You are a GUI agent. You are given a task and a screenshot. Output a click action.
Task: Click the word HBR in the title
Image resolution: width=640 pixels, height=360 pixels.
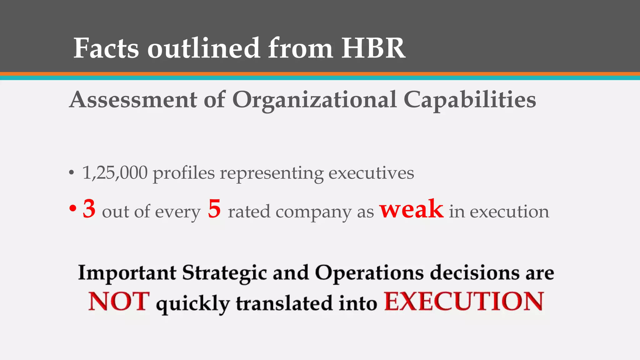[373, 48]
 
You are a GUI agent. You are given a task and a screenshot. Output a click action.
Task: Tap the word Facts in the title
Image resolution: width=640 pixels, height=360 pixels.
[106, 48]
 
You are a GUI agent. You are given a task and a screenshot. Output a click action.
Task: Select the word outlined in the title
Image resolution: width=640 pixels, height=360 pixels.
[203, 48]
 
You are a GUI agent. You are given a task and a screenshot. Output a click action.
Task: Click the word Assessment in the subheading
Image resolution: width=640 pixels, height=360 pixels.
[133, 100]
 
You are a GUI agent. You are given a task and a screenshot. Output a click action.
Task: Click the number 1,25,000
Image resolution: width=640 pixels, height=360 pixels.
[115, 173]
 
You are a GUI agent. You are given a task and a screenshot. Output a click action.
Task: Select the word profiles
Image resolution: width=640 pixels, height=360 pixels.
[184, 173]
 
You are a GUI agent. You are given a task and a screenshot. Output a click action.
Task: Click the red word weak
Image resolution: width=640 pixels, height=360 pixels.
[411, 209]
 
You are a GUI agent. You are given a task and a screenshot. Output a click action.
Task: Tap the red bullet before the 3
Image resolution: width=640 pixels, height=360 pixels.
[72, 209]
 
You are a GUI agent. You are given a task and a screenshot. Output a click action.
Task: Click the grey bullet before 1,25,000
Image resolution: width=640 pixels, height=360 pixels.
[72, 173]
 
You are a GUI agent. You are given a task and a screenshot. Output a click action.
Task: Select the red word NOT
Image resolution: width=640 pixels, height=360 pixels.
[119, 302]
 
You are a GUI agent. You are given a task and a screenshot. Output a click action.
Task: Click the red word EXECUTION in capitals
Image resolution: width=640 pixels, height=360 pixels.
[464, 302]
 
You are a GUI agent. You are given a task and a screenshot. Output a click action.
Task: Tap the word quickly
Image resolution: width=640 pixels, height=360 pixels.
[193, 304]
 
